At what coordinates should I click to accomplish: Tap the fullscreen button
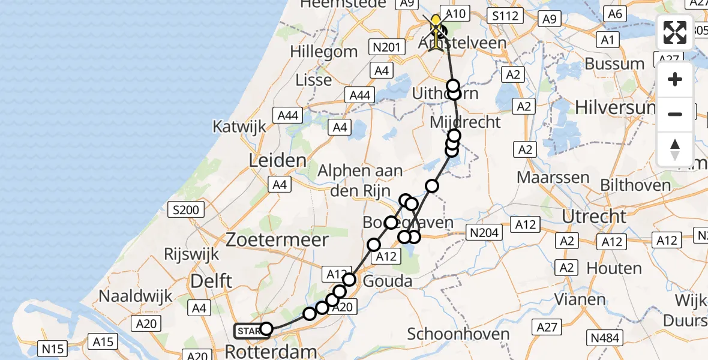[675, 32]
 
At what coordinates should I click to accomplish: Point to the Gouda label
[388, 281]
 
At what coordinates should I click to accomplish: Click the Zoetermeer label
[277, 240]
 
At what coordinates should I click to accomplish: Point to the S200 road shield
[188, 210]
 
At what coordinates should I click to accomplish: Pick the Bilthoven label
[637, 185]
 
